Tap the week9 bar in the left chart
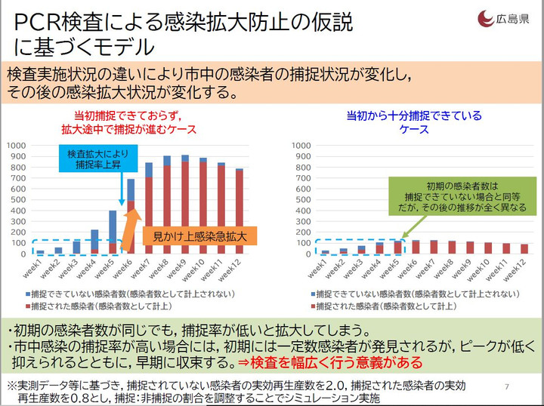point(184,205)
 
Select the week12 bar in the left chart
point(240,211)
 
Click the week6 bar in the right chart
point(415,247)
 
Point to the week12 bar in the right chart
point(524,248)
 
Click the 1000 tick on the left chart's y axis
point(17,143)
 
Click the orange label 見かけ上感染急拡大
point(200,235)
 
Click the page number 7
point(505,386)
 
